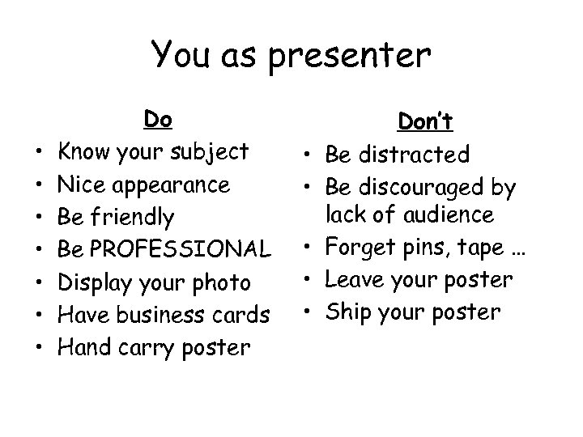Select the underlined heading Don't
pyautogui.click(x=426, y=121)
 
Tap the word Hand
pyautogui.click(x=83, y=347)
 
